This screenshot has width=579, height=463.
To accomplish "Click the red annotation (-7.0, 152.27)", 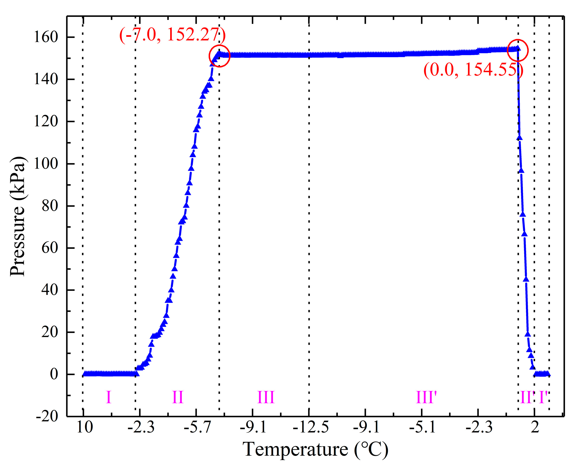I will [x=172, y=35].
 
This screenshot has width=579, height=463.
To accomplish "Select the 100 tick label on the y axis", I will [x=46, y=164].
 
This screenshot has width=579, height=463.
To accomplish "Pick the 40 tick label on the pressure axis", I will [x=50, y=290].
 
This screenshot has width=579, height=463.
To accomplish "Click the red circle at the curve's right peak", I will [x=518, y=50].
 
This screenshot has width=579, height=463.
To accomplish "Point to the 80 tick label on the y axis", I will [x=50, y=206].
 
